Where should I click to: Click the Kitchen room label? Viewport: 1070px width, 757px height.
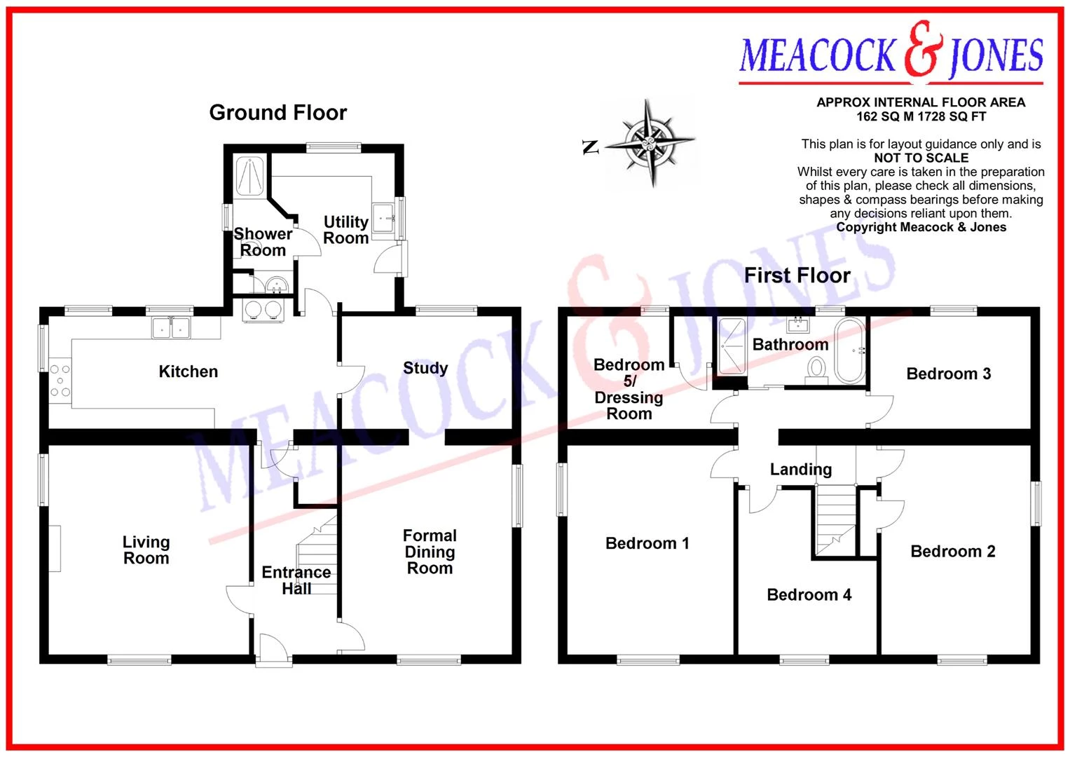click(x=188, y=371)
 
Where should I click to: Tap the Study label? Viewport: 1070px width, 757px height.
click(x=425, y=368)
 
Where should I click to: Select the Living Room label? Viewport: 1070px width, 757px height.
click(x=146, y=550)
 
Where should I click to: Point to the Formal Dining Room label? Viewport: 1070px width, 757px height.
click(x=430, y=552)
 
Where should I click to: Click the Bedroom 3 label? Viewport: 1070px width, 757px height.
click(x=949, y=373)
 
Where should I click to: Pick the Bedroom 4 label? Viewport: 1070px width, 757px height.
click(x=809, y=594)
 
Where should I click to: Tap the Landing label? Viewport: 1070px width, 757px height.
click(x=801, y=470)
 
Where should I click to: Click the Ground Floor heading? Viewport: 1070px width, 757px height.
click(x=278, y=113)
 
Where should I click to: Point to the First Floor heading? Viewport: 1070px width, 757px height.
click(x=797, y=275)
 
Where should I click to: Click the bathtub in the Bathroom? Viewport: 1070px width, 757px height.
click(x=850, y=350)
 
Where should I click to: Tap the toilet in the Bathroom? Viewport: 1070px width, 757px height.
click(x=816, y=371)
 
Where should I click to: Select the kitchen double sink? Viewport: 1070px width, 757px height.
click(x=171, y=328)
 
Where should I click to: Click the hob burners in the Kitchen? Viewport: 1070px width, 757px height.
click(x=60, y=381)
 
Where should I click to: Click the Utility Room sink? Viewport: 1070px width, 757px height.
click(x=383, y=218)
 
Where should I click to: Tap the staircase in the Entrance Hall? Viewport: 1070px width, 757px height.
click(x=317, y=555)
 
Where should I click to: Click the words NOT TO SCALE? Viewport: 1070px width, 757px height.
click(x=921, y=158)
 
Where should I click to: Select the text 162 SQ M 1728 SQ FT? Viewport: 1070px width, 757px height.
click(x=921, y=116)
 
